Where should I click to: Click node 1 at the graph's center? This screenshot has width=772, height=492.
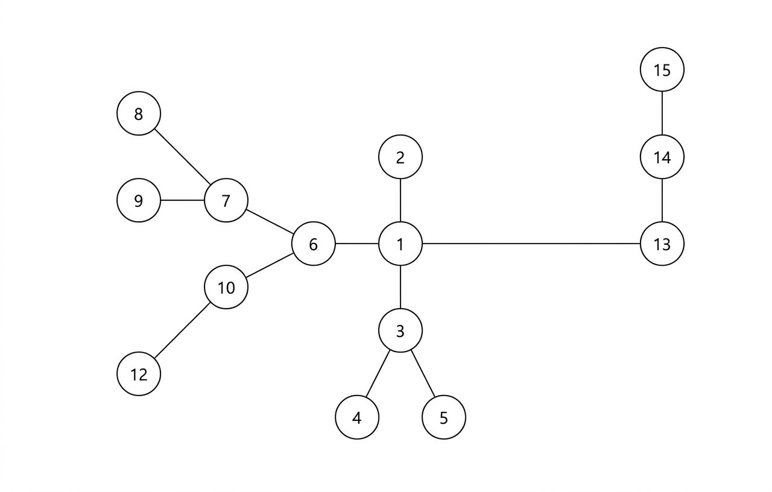click(x=400, y=244)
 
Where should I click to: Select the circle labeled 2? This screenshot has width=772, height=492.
click(x=400, y=157)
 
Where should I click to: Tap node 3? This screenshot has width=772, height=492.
click(x=400, y=330)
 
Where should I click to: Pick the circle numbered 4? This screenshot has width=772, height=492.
click(x=357, y=417)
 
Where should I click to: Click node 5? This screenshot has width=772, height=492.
click(x=444, y=417)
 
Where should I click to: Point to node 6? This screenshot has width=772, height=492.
click(x=313, y=244)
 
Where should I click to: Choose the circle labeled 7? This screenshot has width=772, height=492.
click(x=226, y=200)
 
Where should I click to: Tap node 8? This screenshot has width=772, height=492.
click(x=139, y=113)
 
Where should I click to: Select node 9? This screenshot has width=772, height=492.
click(x=139, y=200)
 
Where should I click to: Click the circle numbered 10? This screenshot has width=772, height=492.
click(x=226, y=287)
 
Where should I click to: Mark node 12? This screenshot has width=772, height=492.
click(x=139, y=374)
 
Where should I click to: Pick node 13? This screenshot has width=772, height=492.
click(x=662, y=244)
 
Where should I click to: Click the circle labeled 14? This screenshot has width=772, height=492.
click(x=662, y=157)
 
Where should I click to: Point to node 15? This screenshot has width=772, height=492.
click(x=662, y=70)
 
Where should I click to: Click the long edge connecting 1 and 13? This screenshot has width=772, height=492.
click(x=531, y=244)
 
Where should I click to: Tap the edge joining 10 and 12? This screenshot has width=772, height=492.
click(x=182, y=330)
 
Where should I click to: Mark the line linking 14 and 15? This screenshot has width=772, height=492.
click(x=662, y=113)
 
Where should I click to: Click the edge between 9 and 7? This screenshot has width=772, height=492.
click(x=182, y=200)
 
